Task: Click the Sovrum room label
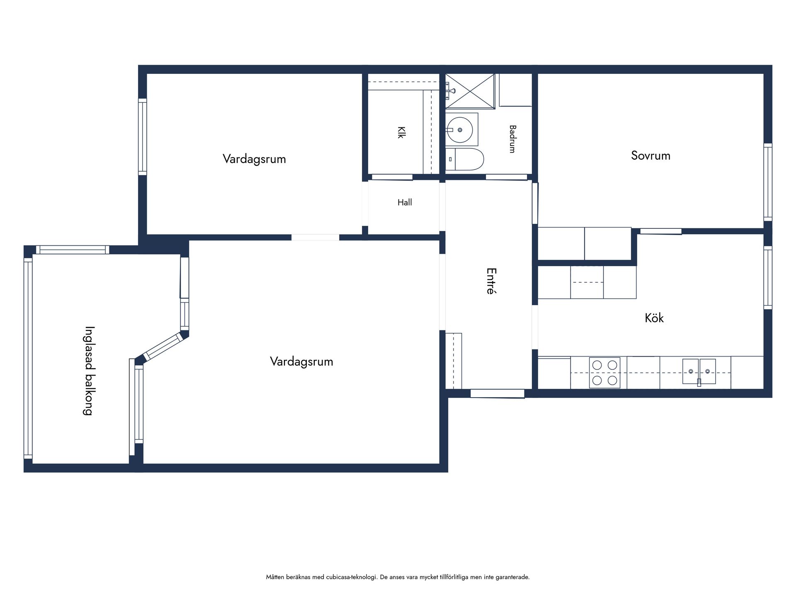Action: pyautogui.click(x=650, y=155)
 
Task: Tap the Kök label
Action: pyautogui.click(x=654, y=318)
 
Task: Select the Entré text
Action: pyautogui.click(x=491, y=281)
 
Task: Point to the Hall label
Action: pyautogui.click(x=405, y=202)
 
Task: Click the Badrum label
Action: pyautogui.click(x=512, y=139)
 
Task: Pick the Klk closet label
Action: pyautogui.click(x=401, y=132)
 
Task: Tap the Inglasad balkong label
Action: pyautogui.click(x=89, y=371)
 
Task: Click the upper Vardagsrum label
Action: pyautogui.click(x=254, y=159)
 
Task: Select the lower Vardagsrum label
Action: pyautogui.click(x=301, y=361)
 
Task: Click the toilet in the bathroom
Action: pyautogui.click(x=465, y=159)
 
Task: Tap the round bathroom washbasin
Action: pyautogui.click(x=460, y=130)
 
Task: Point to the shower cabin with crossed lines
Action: pyautogui.click(x=470, y=91)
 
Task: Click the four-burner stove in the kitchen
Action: pyautogui.click(x=605, y=373)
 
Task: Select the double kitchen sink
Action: pyautogui.click(x=699, y=371)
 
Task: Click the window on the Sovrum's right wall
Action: pyautogui.click(x=768, y=182)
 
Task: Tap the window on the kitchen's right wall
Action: pyautogui.click(x=768, y=277)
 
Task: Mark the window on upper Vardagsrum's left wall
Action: pyautogui.click(x=143, y=137)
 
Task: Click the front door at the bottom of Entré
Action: pyautogui.click(x=498, y=393)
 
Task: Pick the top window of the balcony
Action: pyautogui.click(x=73, y=250)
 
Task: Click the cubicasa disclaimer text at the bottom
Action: pyautogui.click(x=398, y=577)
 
